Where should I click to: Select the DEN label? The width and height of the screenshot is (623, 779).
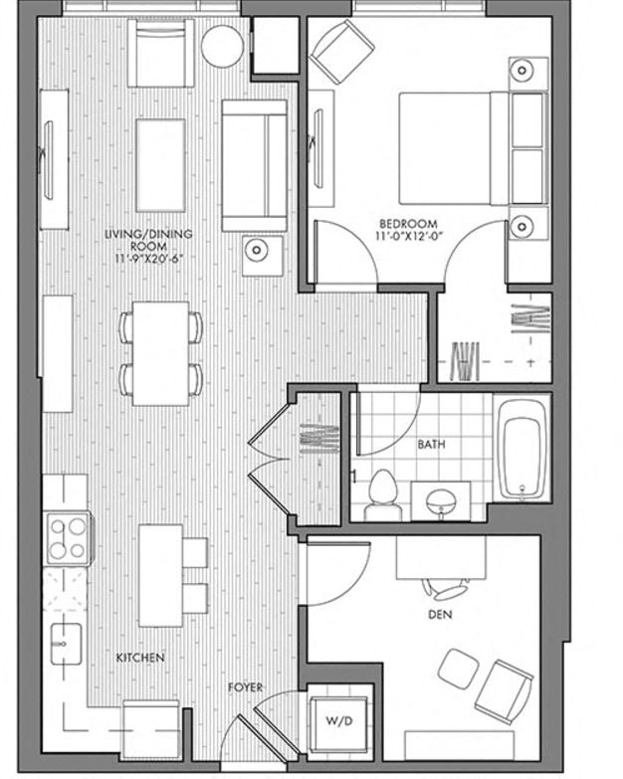click(x=440, y=615)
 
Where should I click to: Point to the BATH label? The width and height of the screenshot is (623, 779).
click(x=430, y=445)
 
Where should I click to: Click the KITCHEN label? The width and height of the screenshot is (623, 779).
click(x=140, y=659)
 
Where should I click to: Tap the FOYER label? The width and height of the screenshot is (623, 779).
click(x=245, y=686)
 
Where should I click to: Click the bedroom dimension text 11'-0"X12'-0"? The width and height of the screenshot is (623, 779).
click(x=408, y=236)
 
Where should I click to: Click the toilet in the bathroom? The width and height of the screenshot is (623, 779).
click(x=380, y=496)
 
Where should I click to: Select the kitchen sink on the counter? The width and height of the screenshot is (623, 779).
click(x=67, y=642)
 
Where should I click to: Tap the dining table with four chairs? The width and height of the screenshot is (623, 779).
click(x=161, y=351)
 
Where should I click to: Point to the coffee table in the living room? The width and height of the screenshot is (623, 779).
click(x=160, y=151)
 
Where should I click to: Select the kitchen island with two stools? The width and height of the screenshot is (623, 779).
click(x=160, y=575)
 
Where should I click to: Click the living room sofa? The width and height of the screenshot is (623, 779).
click(x=255, y=164)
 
